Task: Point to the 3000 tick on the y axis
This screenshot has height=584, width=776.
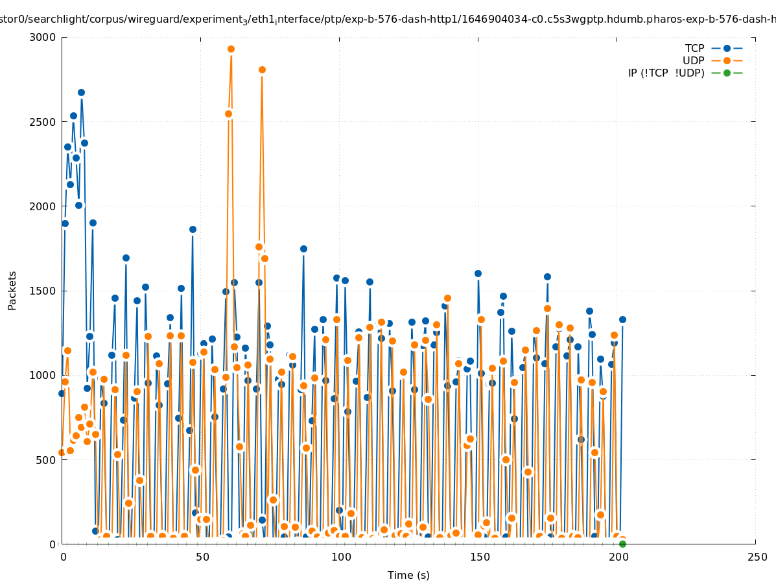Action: pos(43,37)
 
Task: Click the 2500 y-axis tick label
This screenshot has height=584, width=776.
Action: pos(43,122)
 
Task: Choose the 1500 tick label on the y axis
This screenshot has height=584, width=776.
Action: pos(43,291)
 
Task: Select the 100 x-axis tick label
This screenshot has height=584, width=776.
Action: pos(340,557)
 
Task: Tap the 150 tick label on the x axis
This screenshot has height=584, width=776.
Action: pos(479,557)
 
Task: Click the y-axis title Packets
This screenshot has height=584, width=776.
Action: pos(12,291)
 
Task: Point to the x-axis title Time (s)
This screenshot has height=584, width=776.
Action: pos(408,576)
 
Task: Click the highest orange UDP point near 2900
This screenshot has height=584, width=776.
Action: pos(231,49)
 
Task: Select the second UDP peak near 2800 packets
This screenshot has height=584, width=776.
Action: pos(262,69)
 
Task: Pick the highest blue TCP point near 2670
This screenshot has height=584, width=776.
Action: pos(81,92)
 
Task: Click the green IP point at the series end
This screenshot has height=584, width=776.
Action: pos(622,544)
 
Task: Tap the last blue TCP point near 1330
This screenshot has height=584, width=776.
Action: pos(622,319)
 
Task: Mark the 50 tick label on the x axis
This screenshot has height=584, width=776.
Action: pos(202,557)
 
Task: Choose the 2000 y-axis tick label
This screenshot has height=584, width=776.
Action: pos(43,206)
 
